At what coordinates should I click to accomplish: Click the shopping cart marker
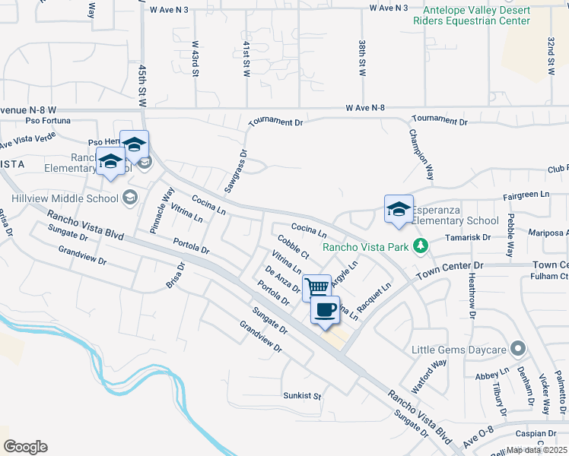click(317, 287)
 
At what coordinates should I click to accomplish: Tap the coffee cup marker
click(326, 310)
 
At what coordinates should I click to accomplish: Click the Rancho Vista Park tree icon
click(418, 245)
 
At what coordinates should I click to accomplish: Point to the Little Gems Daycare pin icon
click(518, 349)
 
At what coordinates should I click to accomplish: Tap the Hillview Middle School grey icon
click(129, 198)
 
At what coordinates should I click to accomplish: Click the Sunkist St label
click(303, 396)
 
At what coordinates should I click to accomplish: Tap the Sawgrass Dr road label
click(237, 169)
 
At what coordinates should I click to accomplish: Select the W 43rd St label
click(195, 59)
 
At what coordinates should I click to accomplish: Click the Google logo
click(26, 447)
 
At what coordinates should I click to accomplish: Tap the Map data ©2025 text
click(536, 450)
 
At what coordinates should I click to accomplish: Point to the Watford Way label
click(429, 375)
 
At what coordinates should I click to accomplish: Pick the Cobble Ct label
click(293, 246)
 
